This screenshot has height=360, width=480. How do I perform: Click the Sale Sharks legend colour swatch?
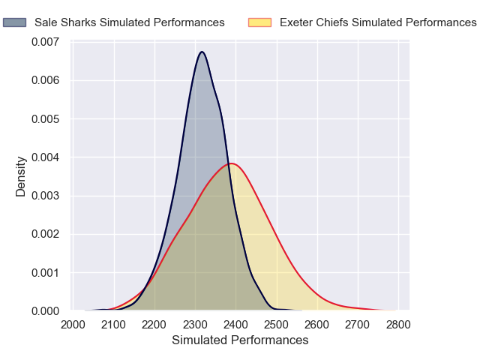click(14, 22)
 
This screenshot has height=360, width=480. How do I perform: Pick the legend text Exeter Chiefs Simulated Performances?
click(378, 22)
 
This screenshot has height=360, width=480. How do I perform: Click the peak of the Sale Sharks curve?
click(202, 52)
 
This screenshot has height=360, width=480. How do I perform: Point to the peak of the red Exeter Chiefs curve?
click(232, 163)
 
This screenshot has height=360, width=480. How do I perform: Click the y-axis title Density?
click(21, 176)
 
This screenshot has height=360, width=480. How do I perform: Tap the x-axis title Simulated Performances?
click(240, 340)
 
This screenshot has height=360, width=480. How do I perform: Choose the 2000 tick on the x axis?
click(73, 325)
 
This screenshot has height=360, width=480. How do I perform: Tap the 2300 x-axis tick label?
click(195, 325)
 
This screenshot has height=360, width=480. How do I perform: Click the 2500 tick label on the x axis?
click(277, 325)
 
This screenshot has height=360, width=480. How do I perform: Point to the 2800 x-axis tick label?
click(398, 325)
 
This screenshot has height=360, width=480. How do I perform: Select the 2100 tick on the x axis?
click(114, 325)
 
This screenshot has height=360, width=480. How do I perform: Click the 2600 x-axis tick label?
click(317, 325)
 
